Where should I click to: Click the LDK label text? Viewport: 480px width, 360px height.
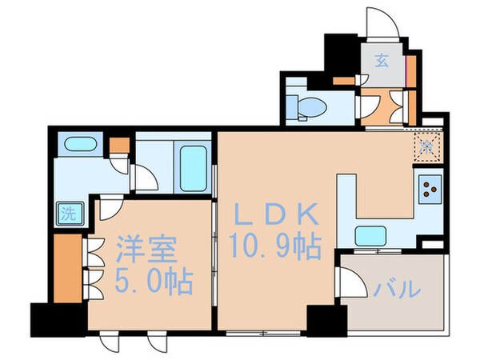click(277, 214)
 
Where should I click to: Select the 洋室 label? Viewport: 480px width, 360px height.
click(144, 248)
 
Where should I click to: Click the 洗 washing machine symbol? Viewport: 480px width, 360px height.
click(69, 214)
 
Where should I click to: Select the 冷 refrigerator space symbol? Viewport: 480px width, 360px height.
click(428, 148)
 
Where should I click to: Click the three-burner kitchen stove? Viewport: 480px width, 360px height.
click(430, 190)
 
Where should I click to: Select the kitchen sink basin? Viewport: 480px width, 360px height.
click(370, 235)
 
